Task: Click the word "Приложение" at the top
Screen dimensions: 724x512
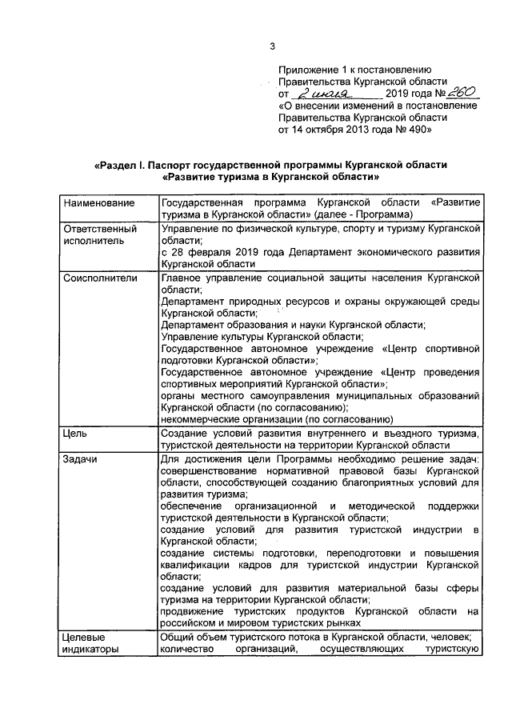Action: tap(309, 70)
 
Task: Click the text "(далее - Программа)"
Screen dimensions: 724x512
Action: tap(363, 215)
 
